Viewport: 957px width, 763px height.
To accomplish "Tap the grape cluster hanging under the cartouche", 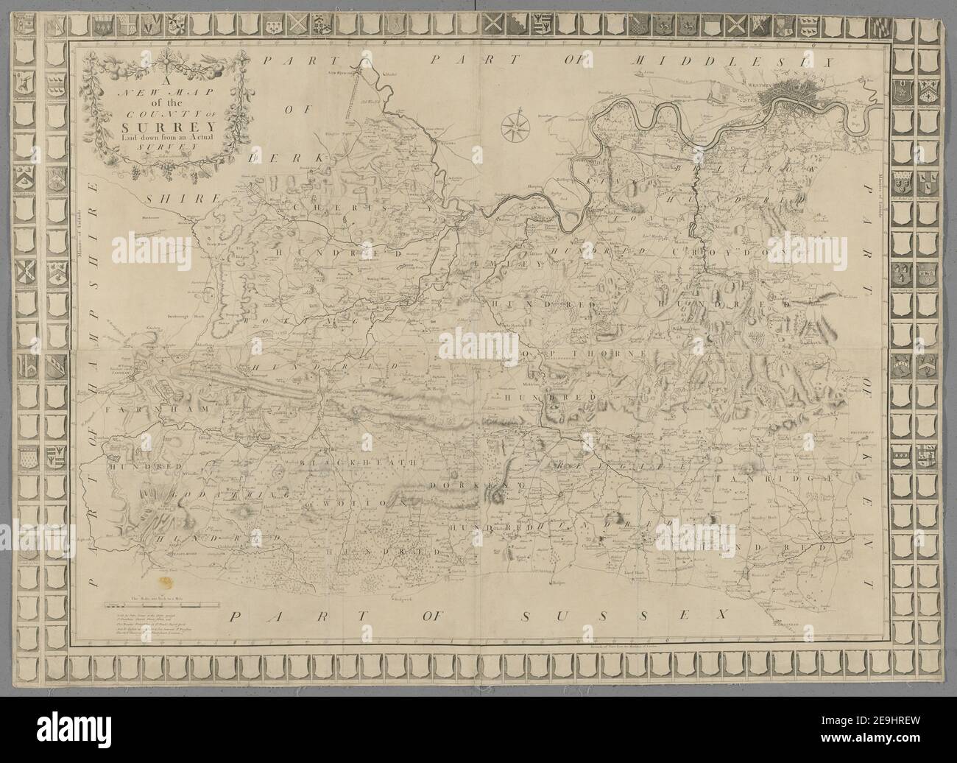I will coord(137,172).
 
